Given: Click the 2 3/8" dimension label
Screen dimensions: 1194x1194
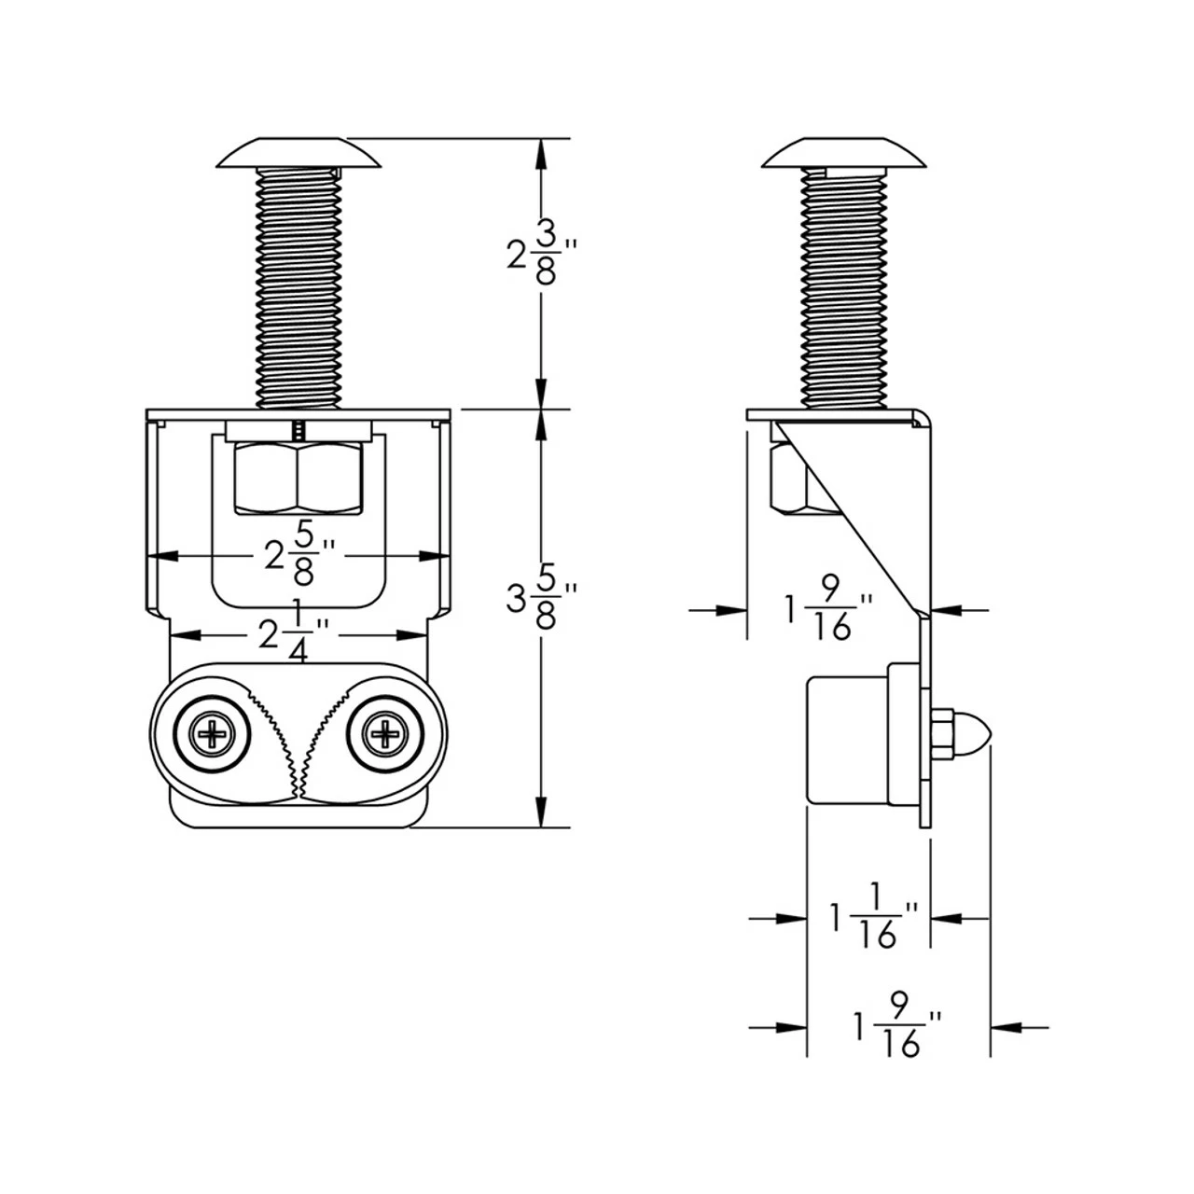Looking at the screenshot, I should pyautogui.click(x=542, y=254).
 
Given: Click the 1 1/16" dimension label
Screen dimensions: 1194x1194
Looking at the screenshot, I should pyautogui.click(x=873, y=919).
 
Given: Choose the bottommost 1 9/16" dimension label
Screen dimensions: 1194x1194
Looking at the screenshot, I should pyautogui.click(x=895, y=1027).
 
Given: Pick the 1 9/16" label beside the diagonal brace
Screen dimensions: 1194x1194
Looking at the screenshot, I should pyautogui.click(x=826, y=609).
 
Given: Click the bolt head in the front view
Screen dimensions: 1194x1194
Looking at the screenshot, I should pyautogui.click(x=299, y=155).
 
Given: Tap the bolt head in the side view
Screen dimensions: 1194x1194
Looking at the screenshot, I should pyautogui.click(x=844, y=155).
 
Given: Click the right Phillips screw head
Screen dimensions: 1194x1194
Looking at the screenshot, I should pyautogui.click(x=384, y=736).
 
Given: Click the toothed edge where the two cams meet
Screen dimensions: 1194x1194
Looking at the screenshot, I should pyautogui.click(x=299, y=746).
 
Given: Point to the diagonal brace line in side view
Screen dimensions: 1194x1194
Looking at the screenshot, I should pyautogui.click(x=854, y=518).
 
